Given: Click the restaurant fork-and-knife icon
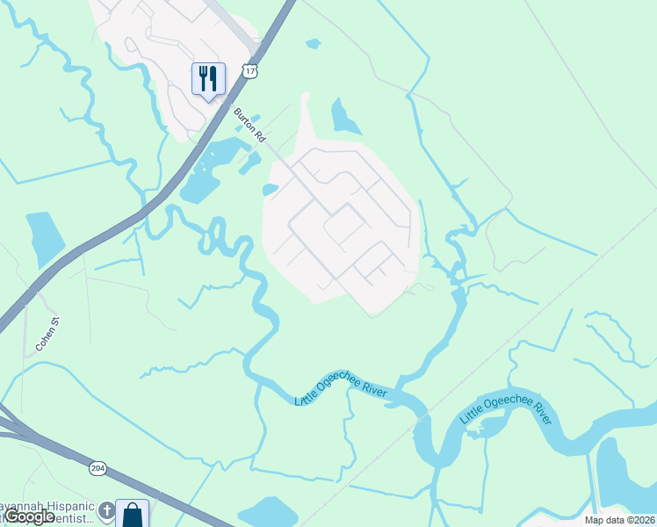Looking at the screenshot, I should pyautogui.click(x=208, y=79).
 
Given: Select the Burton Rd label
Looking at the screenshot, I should pyautogui.click(x=249, y=125).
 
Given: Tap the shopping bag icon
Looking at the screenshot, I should pyautogui.click(x=132, y=514).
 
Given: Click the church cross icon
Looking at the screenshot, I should pyautogui.click(x=105, y=509).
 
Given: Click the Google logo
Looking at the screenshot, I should pyautogui.click(x=28, y=517).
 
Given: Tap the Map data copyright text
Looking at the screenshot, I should pyautogui.click(x=619, y=520).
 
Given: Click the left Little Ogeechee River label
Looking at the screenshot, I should pyautogui.click(x=341, y=387).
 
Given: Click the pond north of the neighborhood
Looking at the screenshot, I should pyautogui.click(x=343, y=116).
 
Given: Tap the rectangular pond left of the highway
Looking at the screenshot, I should pyautogui.click(x=43, y=238).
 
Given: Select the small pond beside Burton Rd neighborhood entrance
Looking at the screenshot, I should pyautogui.click(x=271, y=190).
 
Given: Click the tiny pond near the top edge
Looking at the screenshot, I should pyautogui.click(x=313, y=43).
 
